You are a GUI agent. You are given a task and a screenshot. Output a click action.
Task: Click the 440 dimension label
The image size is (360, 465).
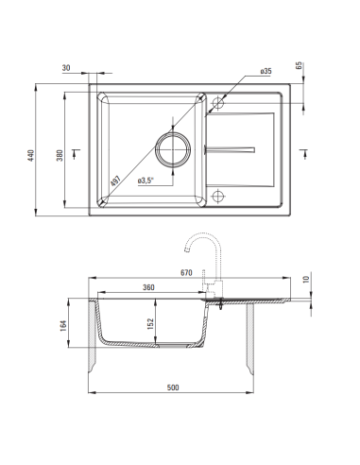(30, 155)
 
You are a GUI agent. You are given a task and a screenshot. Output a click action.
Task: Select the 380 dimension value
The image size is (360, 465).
(60, 155)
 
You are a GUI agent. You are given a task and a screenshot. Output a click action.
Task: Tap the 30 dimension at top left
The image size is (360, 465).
(66, 68)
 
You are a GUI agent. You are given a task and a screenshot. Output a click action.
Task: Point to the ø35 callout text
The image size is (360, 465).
(266, 71)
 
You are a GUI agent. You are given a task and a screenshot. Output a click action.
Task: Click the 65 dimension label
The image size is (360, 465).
(300, 65)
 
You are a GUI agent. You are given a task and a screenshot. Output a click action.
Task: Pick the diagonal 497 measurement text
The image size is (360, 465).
(115, 181)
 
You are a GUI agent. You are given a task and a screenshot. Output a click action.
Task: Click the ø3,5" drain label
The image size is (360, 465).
(146, 181)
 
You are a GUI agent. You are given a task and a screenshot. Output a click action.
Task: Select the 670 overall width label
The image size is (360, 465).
(186, 273)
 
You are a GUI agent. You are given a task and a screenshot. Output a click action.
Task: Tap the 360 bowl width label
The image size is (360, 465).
(148, 287)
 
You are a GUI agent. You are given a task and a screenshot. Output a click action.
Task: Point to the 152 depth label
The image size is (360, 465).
(150, 324)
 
